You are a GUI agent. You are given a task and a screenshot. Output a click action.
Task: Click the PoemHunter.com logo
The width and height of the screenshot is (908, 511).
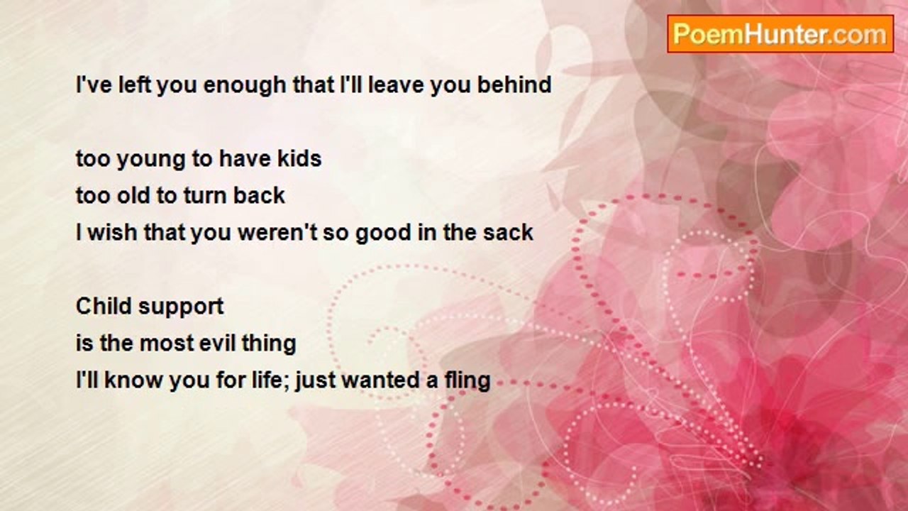780,34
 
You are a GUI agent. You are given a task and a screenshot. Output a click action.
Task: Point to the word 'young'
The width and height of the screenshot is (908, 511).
150,160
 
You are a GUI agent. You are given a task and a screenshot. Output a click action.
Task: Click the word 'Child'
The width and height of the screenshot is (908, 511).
104,306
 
